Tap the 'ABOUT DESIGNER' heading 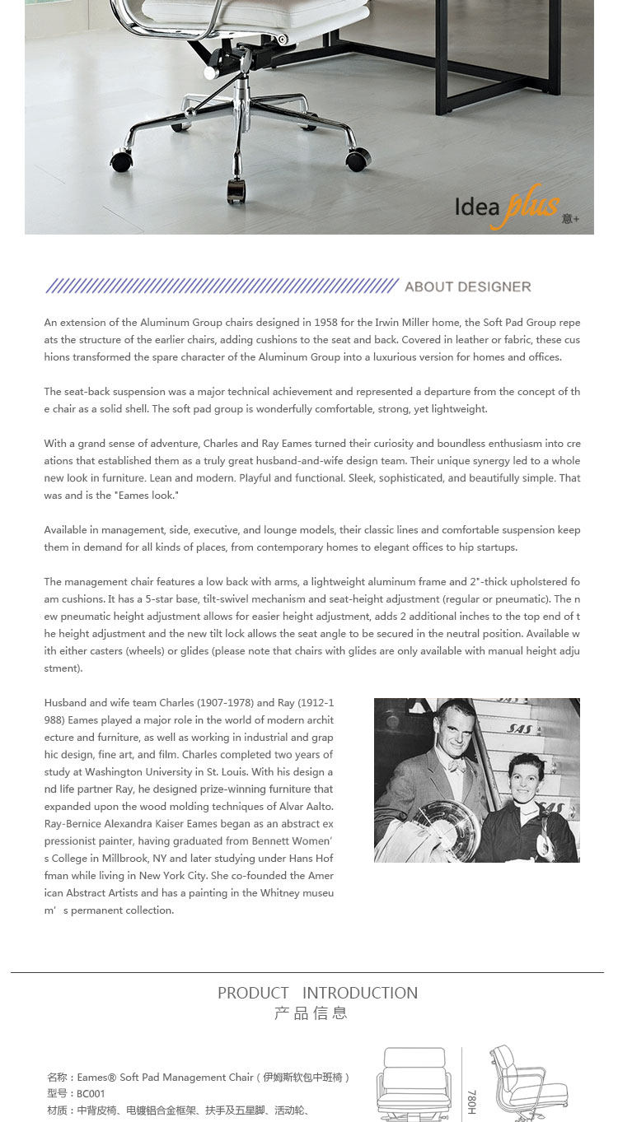(468, 286)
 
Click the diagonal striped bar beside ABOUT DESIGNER (222, 286)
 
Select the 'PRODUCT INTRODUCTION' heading (317, 993)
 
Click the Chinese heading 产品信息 (311, 1013)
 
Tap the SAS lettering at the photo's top (519, 729)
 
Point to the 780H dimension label (472, 1101)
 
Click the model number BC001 (91, 1094)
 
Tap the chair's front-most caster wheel (236, 193)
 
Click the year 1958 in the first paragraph (318, 322)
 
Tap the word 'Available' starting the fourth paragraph (66, 529)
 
